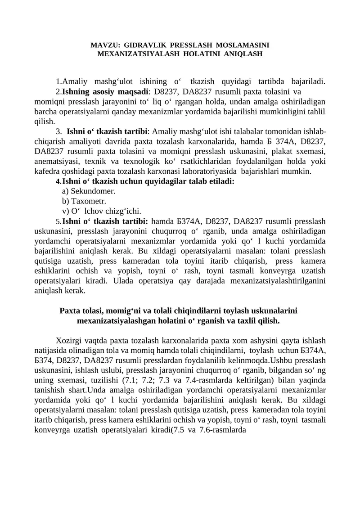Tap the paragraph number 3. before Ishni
coord(59,131)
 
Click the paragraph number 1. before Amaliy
coord(58,82)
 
